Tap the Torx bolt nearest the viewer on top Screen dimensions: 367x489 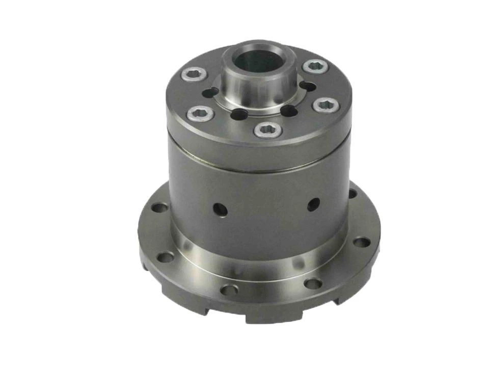[x=268, y=130]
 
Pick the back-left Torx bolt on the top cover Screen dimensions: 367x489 [x=194, y=75]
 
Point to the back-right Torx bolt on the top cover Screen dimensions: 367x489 [x=315, y=67]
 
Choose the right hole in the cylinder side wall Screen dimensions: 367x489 [x=313, y=204]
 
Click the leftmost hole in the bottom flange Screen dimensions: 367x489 [x=160, y=207]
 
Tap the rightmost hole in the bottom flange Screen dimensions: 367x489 [x=362, y=242]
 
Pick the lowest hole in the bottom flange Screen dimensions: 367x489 [x=229, y=290]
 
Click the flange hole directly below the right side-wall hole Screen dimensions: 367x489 [x=312, y=284]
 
